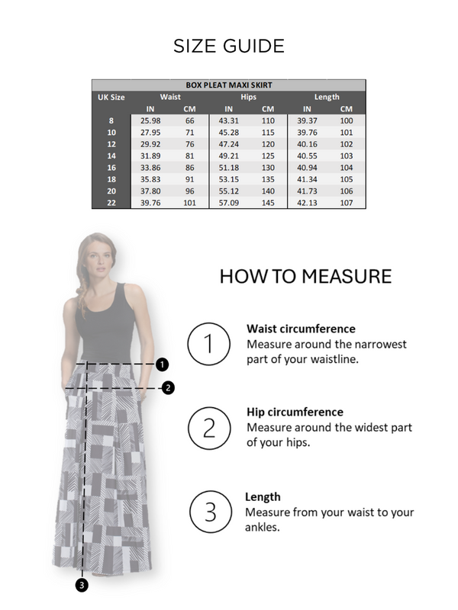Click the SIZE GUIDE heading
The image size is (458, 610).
coord(229,46)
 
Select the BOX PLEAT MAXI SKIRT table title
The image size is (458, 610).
coord(229,85)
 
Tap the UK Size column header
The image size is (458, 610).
coord(111,98)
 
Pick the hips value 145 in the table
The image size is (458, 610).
coord(268,204)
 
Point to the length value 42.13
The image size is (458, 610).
coord(307,204)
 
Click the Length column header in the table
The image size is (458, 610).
coord(327,98)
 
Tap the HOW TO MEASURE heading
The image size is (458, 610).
coord(305,276)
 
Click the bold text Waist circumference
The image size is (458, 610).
coord(301,329)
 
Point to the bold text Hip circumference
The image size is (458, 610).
coord(295,413)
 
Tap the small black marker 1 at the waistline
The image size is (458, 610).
coord(162,364)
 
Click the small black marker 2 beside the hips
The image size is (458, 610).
coord(169,387)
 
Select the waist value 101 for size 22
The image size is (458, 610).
coord(190,204)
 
